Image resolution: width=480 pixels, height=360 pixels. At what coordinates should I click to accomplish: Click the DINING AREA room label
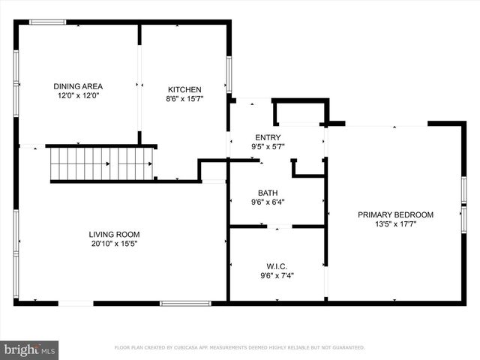click(x=78, y=86)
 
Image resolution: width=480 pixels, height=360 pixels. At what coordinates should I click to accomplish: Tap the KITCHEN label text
click(x=184, y=89)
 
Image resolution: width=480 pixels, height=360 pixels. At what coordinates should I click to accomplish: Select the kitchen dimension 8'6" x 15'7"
click(x=184, y=98)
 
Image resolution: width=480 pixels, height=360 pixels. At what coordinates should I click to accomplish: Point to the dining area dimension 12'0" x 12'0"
click(x=78, y=96)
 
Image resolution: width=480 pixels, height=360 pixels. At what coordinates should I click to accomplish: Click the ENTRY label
click(x=268, y=136)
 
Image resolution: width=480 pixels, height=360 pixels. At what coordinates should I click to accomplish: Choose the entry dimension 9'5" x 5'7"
click(x=268, y=146)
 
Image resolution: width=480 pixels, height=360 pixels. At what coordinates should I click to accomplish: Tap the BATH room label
click(x=268, y=192)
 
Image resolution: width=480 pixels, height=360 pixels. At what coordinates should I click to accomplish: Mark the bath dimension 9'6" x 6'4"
click(x=268, y=202)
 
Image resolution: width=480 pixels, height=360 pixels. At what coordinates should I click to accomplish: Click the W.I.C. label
click(x=277, y=265)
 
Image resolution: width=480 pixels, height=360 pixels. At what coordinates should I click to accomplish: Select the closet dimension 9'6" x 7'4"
click(x=277, y=275)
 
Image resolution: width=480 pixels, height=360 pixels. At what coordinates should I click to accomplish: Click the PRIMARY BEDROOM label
click(x=395, y=214)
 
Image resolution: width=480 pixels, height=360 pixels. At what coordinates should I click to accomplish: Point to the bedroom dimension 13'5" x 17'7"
click(x=395, y=224)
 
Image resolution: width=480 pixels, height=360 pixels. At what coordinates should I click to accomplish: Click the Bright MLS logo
click(x=30, y=349)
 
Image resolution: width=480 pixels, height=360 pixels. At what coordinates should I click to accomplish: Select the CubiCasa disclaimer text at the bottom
click(x=239, y=348)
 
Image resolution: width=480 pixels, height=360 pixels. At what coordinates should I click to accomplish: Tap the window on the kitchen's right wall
click(x=229, y=73)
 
